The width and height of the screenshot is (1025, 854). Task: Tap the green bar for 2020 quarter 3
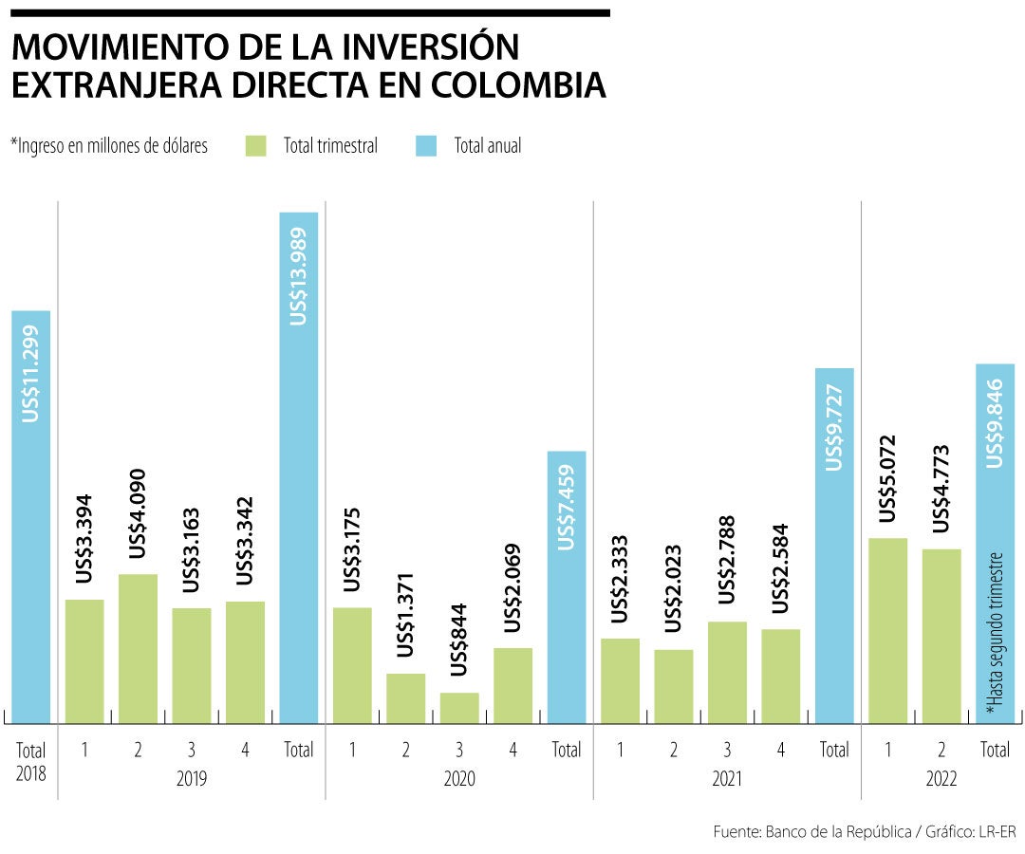tap(459, 708)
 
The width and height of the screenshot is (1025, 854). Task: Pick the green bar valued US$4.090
tap(138, 648)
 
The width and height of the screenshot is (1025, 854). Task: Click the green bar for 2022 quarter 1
tap(887, 630)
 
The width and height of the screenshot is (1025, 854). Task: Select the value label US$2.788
tap(727, 560)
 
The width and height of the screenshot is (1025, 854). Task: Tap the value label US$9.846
tap(995, 417)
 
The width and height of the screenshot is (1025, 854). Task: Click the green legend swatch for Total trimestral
tap(255, 146)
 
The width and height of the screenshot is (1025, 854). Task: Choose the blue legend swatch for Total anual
tap(426, 146)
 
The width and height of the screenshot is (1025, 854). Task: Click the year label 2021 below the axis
tap(727, 780)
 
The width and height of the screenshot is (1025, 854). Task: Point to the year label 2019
tap(192, 780)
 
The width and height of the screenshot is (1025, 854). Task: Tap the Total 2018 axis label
tap(30, 761)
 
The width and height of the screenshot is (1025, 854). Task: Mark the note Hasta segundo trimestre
tap(995, 631)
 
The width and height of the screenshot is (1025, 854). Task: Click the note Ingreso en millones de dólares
tap(109, 146)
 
